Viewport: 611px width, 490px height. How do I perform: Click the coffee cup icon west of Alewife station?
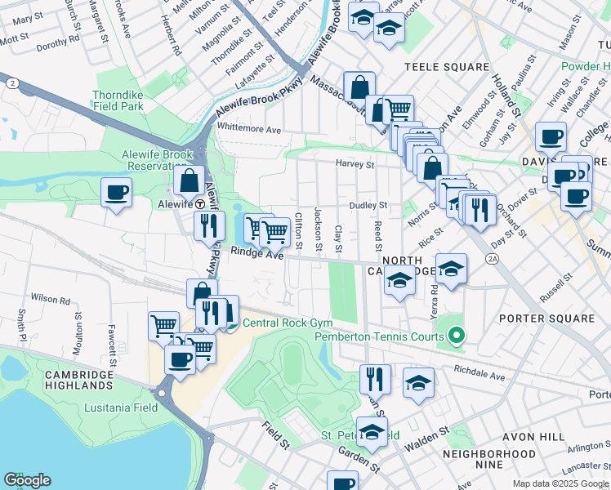tap(115, 194)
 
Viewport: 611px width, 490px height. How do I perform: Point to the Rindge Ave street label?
tap(256, 254)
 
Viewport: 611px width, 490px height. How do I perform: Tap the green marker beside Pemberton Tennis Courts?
tap(457, 336)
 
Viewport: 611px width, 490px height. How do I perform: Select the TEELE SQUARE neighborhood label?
tap(446, 67)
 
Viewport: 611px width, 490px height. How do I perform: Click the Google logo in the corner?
tap(26, 480)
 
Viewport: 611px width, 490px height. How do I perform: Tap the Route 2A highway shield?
tap(492, 259)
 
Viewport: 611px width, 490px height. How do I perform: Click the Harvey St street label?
tap(355, 164)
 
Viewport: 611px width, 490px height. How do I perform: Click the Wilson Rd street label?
tap(50, 300)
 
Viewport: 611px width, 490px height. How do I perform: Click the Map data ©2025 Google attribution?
tap(560, 483)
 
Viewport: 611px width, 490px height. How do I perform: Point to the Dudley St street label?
tap(368, 206)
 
